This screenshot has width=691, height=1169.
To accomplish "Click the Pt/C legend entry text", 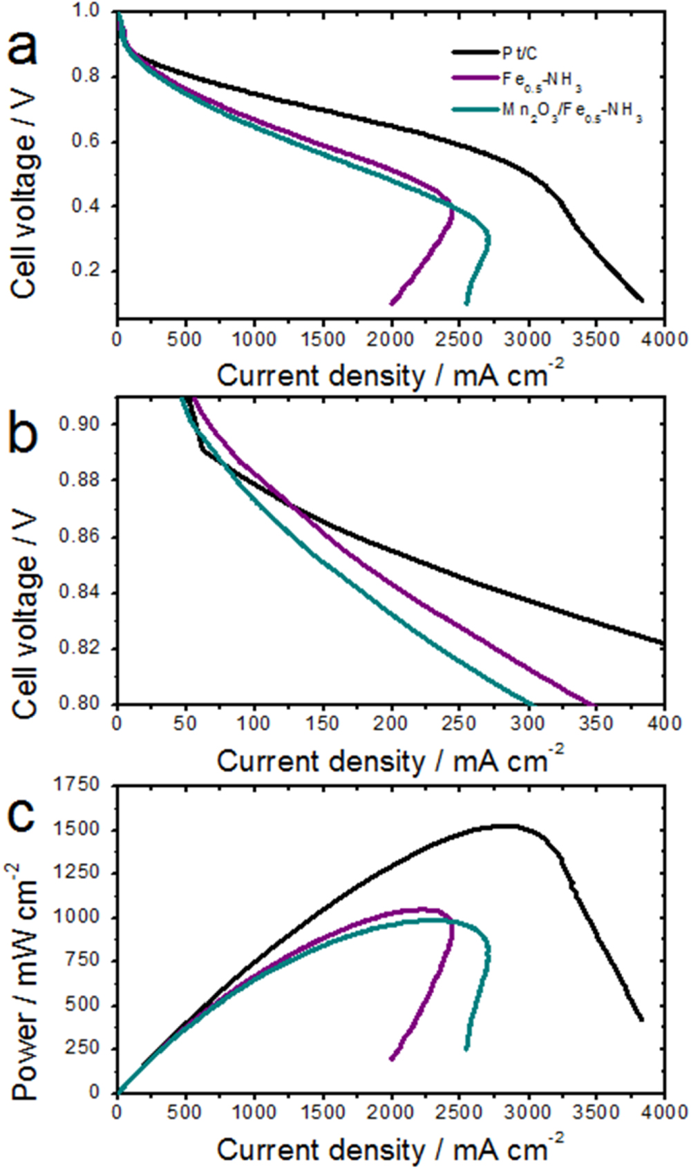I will pyautogui.click(x=519, y=52).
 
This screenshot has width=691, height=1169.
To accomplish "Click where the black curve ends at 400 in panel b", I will pyautogui.click(x=663, y=643).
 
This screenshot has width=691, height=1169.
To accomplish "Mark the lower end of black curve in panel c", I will pyautogui.click(x=641, y=1018).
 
